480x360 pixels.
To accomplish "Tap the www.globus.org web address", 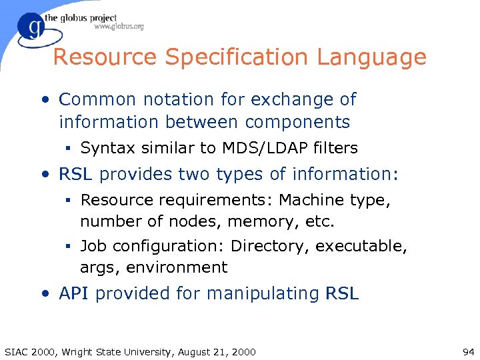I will (119, 27).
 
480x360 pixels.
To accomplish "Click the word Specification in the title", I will (239, 57).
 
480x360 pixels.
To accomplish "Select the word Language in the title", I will (371, 57).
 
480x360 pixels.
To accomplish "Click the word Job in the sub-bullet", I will (94, 246).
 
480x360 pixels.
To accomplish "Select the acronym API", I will (75, 293).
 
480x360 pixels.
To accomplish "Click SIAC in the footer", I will (17, 352).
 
